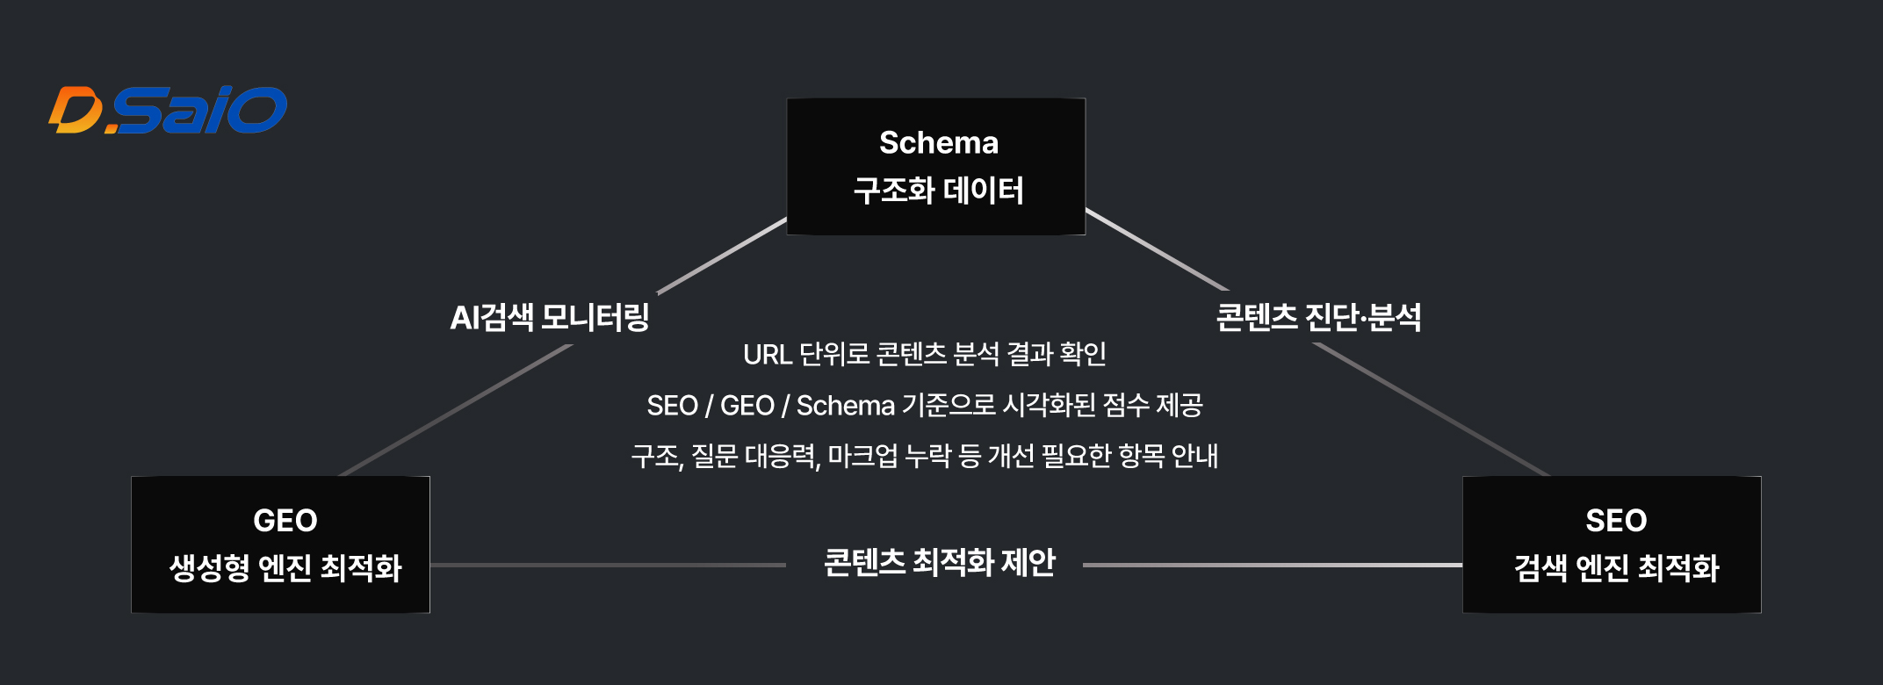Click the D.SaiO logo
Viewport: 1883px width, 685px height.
(x=168, y=111)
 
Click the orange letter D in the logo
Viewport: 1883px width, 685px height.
(x=76, y=111)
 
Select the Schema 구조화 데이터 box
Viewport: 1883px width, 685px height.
(x=936, y=167)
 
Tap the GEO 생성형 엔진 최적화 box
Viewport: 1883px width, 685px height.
(x=280, y=544)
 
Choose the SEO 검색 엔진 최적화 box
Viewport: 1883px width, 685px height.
(x=1612, y=544)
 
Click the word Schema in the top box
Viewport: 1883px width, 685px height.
(x=938, y=142)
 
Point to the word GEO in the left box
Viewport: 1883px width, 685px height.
(x=285, y=521)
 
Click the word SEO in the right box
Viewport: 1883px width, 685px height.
(x=1616, y=521)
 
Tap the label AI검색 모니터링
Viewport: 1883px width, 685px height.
(x=550, y=317)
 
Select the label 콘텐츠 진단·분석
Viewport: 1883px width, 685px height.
(x=1318, y=317)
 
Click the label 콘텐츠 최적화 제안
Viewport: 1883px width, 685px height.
(x=939, y=563)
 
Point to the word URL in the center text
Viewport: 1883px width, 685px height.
(x=767, y=355)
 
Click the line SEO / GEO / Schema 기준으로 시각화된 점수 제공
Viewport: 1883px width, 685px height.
(x=924, y=406)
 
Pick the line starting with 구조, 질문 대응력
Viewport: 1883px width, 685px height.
(x=924, y=457)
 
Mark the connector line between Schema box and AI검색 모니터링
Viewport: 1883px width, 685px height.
(x=722, y=256)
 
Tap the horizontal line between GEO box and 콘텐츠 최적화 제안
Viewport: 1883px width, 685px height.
(x=606, y=566)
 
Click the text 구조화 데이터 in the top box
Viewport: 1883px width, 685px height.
(x=938, y=191)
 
